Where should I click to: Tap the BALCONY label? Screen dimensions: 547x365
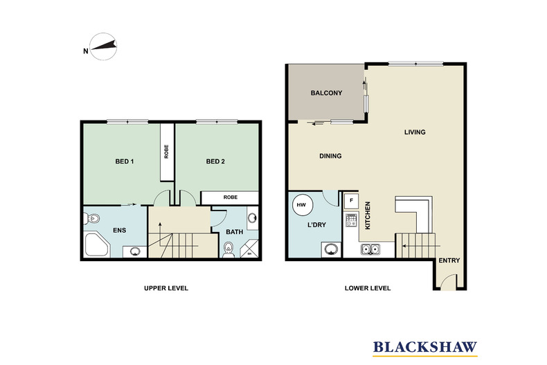[x=326, y=93]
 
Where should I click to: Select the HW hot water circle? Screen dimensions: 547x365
[x=301, y=205]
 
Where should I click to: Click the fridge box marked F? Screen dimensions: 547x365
[x=351, y=201]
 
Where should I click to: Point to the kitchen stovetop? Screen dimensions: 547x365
[x=351, y=220]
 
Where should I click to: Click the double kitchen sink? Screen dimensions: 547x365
[x=370, y=249]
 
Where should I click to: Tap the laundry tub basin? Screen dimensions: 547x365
[x=331, y=249]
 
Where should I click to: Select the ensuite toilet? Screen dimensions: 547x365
[x=92, y=219]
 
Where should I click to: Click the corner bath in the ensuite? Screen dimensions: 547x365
[x=98, y=245]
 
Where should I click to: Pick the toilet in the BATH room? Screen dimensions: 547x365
[x=228, y=249]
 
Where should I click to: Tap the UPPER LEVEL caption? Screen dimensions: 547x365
[x=166, y=288]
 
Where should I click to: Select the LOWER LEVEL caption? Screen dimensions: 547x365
[x=368, y=288]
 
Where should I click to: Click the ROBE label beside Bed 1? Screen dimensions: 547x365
[x=166, y=152]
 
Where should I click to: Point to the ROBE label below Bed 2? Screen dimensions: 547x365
[x=231, y=197]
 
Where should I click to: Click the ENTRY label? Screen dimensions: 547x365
[x=449, y=260]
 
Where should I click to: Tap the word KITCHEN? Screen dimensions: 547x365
[x=368, y=215]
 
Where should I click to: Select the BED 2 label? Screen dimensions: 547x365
[x=215, y=161]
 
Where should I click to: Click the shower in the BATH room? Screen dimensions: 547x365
[x=249, y=249]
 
